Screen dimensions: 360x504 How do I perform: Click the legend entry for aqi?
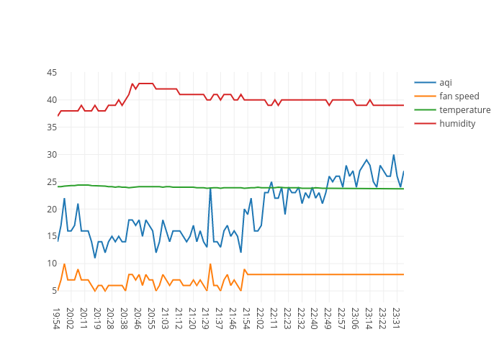446,82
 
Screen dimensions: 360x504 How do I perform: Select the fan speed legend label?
459,96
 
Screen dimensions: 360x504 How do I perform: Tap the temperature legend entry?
464,109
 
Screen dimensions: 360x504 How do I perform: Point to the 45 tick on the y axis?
52,73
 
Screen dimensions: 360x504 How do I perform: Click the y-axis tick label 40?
52,100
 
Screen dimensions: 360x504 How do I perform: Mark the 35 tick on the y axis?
52,127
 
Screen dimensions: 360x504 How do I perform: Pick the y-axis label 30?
52,155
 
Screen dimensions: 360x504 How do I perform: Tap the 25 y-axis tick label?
52,182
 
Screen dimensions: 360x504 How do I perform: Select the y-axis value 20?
52,210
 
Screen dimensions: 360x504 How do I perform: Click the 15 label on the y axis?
52,236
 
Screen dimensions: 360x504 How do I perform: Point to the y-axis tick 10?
52,264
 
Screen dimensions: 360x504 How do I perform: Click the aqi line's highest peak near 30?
394,155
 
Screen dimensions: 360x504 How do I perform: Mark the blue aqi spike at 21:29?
210,189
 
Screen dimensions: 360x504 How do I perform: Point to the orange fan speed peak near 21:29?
210,264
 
